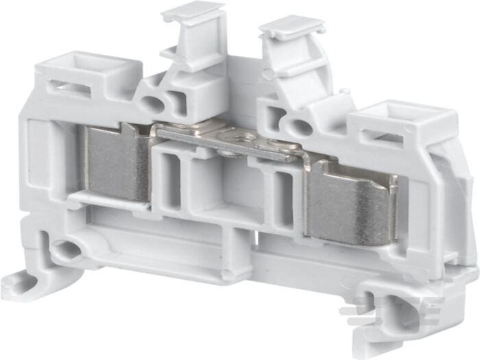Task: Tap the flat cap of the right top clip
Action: tap(291, 26)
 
